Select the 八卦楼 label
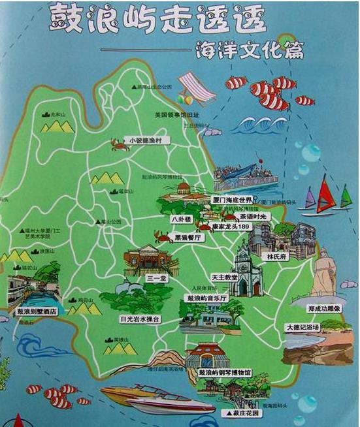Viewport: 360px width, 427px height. [180, 220]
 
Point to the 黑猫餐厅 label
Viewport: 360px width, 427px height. [189, 238]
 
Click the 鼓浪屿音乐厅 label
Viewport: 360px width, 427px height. [206, 298]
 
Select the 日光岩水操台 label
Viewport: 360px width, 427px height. [140, 319]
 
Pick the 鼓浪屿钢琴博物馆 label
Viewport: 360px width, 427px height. [225, 373]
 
